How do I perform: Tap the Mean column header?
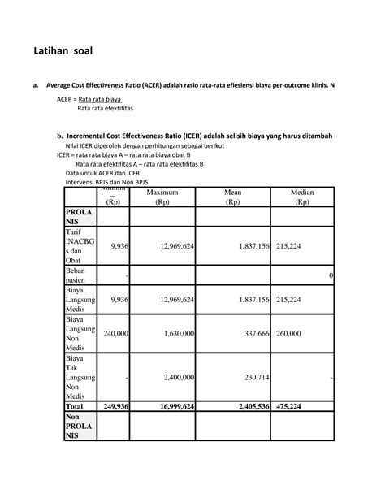233,197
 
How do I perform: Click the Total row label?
75,406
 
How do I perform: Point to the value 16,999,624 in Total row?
166,406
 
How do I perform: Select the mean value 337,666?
252,333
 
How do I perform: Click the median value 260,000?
294,333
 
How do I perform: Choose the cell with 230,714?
252,377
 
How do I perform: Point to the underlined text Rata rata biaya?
105,97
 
